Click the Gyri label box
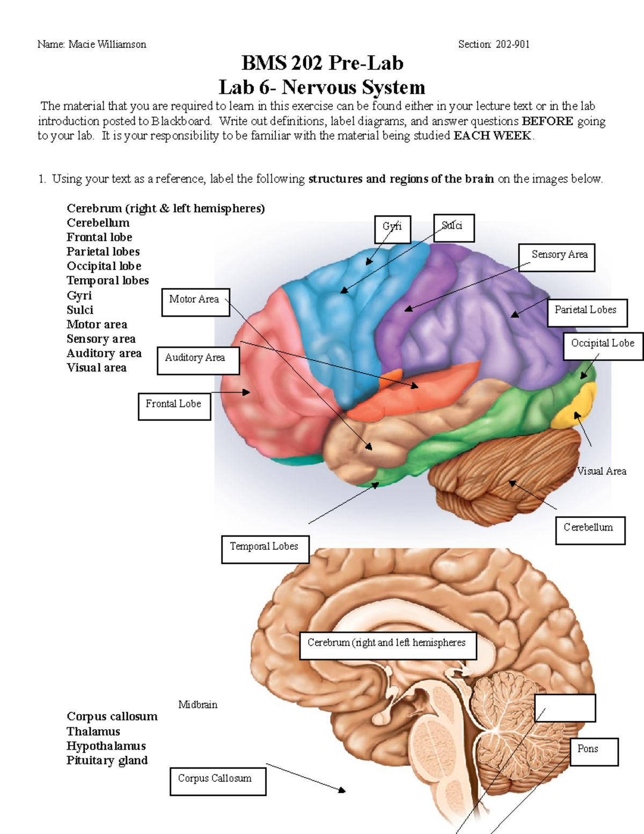[392, 229]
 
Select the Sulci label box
[453, 228]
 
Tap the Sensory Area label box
[557, 257]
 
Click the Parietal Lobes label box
[587, 313]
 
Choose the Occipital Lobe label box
[603, 346]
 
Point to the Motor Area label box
[195, 302]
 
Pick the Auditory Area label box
[198, 360]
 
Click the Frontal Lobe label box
[174, 406]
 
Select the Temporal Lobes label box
[265, 549]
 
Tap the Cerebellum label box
[590, 530]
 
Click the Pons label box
[594, 751]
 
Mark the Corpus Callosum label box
[218, 781]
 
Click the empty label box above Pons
[565, 708]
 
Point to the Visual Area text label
[601, 471]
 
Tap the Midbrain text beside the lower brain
[197, 705]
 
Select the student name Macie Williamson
[107, 44]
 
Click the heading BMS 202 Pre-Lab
[322, 63]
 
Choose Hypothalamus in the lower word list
[106, 745]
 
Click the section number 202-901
[512, 44]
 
